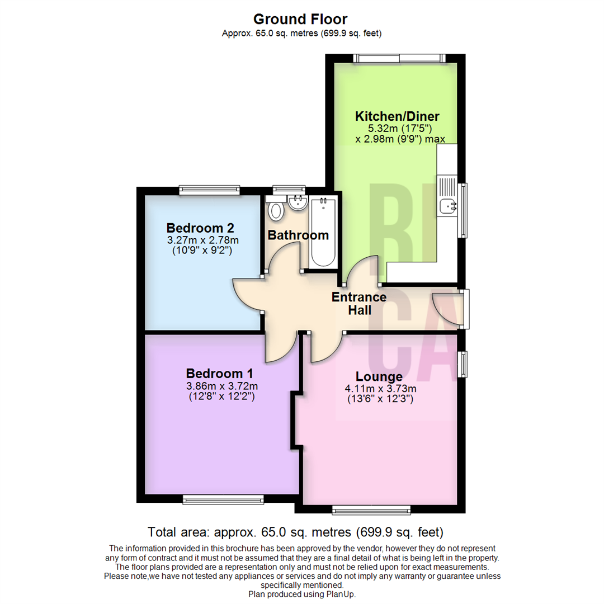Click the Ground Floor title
coord(301,20)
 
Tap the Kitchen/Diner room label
coord(397,116)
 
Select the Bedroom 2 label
coord(200,228)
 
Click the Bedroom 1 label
coord(220,373)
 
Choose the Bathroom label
coord(298,235)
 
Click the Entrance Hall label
coord(359,303)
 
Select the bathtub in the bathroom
coord(323,232)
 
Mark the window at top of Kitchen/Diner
coord(399,57)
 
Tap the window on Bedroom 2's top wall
coord(210,191)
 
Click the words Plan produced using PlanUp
coord(302,594)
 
